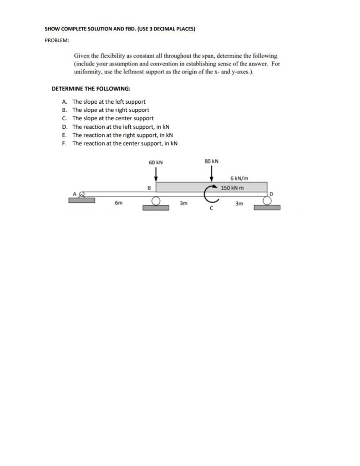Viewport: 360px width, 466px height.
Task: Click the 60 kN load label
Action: pos(156,162)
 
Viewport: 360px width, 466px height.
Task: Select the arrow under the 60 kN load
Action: pos(156,173)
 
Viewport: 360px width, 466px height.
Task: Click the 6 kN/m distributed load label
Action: pos(239,178)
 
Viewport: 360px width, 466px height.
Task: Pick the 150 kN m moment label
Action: pos(232,187)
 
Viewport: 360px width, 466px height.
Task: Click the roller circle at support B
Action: pos(156,201)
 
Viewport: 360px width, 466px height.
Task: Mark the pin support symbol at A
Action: pos(82,194)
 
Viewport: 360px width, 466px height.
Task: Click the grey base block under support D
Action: pos(267,208)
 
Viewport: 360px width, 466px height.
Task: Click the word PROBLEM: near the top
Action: pos(57,41)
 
